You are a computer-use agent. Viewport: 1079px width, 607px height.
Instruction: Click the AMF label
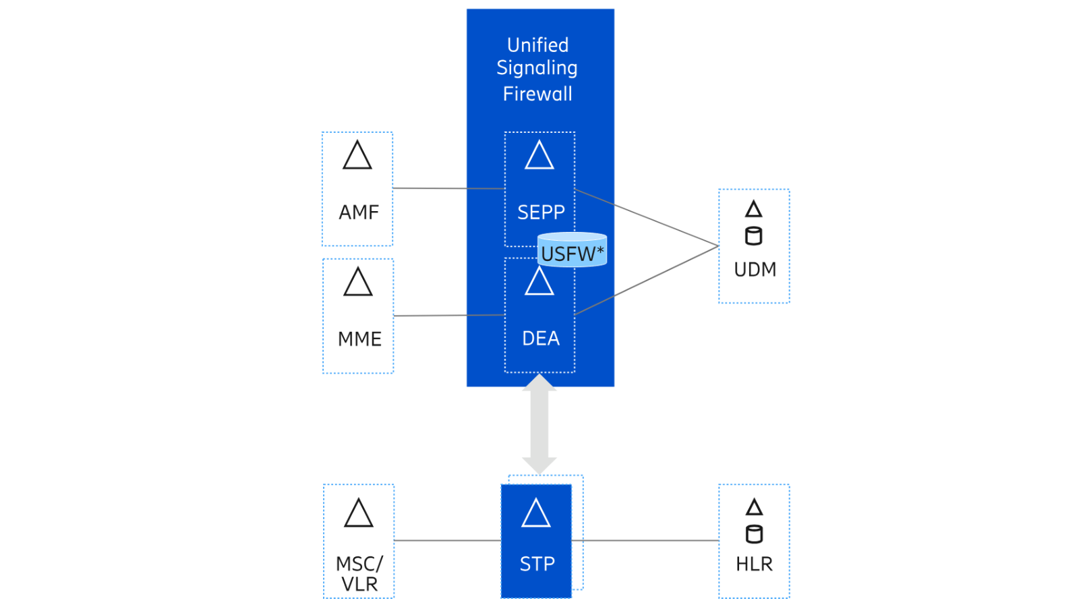point(359,212)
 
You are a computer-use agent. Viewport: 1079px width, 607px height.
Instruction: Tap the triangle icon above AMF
point(357,156)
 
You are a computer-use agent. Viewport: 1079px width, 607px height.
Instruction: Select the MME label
point(359,339)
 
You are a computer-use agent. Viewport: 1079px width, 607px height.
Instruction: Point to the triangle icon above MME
point(358,282)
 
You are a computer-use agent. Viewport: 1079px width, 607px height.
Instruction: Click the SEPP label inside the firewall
point(541,212)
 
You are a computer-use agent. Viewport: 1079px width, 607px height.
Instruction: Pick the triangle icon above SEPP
point(539,156)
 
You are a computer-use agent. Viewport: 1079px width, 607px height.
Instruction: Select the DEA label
point(541,339)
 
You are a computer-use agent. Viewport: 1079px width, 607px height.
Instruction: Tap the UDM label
point(755,270)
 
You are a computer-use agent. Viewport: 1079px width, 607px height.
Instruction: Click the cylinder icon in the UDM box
point(754,236)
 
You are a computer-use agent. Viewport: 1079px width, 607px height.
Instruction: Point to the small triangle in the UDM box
point(754,210)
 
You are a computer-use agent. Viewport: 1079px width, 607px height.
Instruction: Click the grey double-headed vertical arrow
point(539,425)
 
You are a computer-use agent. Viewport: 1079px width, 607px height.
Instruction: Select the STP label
point(537,564)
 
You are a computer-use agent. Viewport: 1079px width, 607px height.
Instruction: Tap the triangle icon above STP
point(536,514)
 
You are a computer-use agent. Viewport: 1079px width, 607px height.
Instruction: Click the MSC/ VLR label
point(359,574)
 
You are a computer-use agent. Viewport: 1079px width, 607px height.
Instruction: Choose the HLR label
point(754,564)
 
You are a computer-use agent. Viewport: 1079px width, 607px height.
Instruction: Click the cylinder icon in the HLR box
point(754,534)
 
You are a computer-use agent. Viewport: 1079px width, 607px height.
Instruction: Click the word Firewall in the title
point(537,94)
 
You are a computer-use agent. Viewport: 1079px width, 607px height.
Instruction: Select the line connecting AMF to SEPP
point(448,188)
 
